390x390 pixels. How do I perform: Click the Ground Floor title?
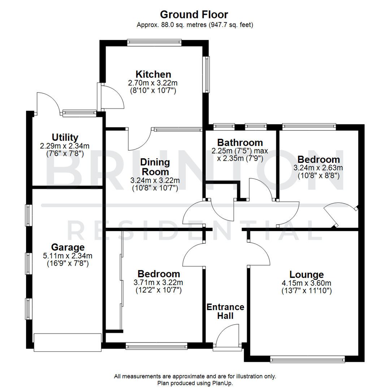tap(195, 15)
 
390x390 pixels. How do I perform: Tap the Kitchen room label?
tap(153, 74)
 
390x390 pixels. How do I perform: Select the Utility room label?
tap(65, 138)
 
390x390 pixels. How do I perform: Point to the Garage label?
tap(68, 247)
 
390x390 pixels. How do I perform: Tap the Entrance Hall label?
tap(225, 311)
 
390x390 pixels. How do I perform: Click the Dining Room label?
tap(155, 166)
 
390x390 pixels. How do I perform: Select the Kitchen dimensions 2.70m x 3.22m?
tap(153, 83)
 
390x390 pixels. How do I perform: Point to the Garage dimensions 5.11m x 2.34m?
tap(68, 256)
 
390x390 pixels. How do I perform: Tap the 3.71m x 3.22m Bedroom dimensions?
tap(159, 282)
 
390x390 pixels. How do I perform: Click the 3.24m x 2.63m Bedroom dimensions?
tap(318, 168)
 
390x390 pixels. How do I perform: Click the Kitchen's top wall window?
tap(154, 43)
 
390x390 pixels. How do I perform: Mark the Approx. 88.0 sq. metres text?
tap(195, 25)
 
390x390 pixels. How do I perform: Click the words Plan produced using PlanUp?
tap(195, 383)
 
